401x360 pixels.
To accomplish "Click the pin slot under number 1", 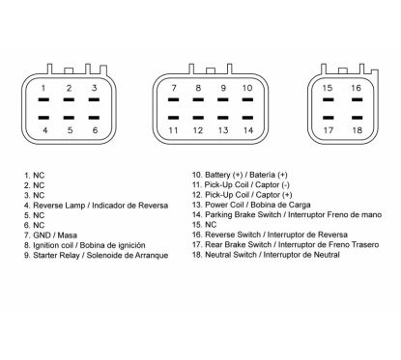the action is coord(43,99).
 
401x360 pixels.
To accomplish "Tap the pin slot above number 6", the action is coord(94,118).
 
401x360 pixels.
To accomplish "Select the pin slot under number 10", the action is coord(247,99).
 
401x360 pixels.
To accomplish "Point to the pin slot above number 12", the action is coord(198,118).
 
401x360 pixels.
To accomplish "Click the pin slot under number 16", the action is coord(357,99).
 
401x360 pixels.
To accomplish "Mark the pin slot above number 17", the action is coord(329,118).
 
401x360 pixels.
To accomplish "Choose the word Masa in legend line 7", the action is coord(67,235).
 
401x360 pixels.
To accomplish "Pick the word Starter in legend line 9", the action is coord(44,256).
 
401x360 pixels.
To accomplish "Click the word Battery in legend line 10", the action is coord(217,175).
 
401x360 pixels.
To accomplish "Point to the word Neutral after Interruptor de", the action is coord(326,255).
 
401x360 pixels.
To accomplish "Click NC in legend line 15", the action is coord(211,225).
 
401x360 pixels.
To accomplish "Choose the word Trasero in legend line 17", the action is coord(365,245).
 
